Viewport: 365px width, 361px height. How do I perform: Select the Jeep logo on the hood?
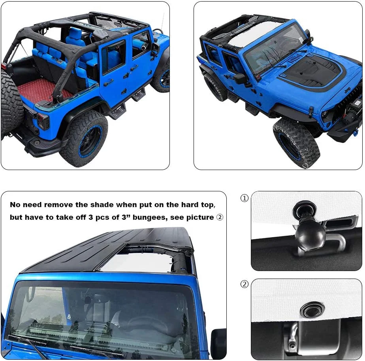coord(348,90)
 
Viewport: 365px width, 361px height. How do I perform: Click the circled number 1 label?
coord(245,198)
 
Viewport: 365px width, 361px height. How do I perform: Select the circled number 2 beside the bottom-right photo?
coord(245,284)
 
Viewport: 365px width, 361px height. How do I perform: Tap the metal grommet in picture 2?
coord(312,310)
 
